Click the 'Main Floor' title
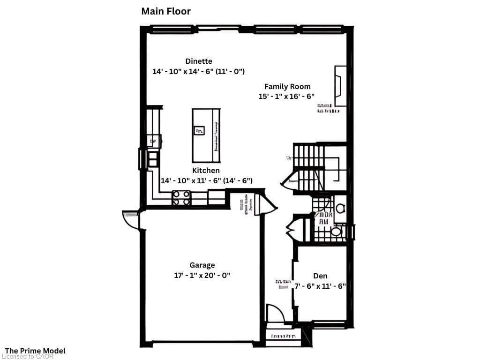166,11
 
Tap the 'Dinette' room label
199,61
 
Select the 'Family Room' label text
287,86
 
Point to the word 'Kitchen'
206,170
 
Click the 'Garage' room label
202,265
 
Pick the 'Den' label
320,276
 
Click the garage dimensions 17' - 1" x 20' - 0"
202,276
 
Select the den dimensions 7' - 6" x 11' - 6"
320,286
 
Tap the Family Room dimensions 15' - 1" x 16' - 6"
286,96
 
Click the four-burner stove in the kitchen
181,197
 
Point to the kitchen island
206,135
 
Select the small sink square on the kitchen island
199,130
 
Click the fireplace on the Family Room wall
340,86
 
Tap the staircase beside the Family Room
309,169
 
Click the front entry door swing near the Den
274,313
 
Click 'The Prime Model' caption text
35,351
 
